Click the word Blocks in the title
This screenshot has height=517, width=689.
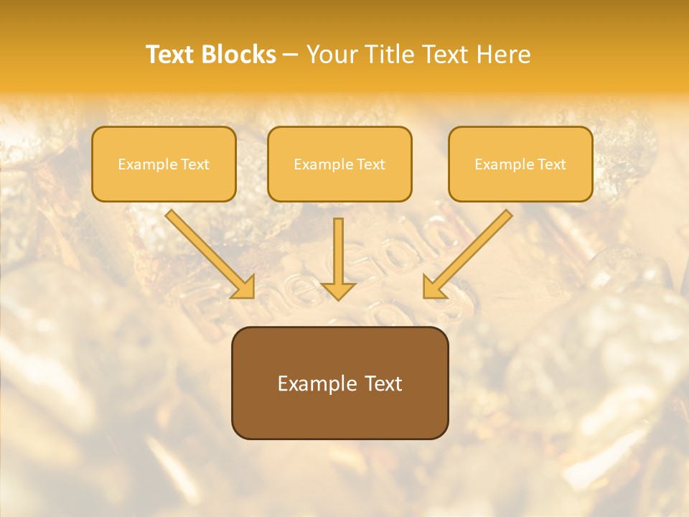(239, 55)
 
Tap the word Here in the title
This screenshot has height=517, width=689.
(503, 55)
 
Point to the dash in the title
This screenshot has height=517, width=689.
(291, 55)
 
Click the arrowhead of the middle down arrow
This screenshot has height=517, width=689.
(338, 290)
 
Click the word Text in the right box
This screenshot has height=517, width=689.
(551, 164)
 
